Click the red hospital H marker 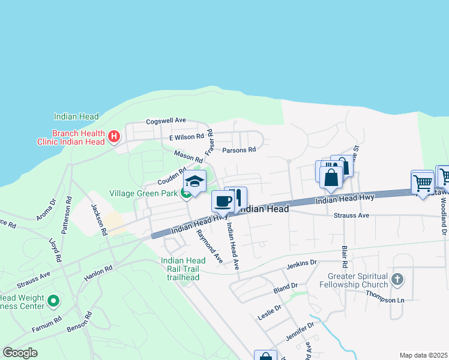click(114, 137)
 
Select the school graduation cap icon click(194, 181)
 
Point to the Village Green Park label click(143, 193)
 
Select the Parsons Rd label click(239, 150)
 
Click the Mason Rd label click(188, 158)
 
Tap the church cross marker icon click(396, 279)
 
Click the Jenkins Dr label click(301, 263)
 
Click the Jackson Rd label click(98, 219)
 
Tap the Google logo click(20, 353)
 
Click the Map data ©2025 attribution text click(423, 355)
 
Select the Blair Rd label click(345, 256)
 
